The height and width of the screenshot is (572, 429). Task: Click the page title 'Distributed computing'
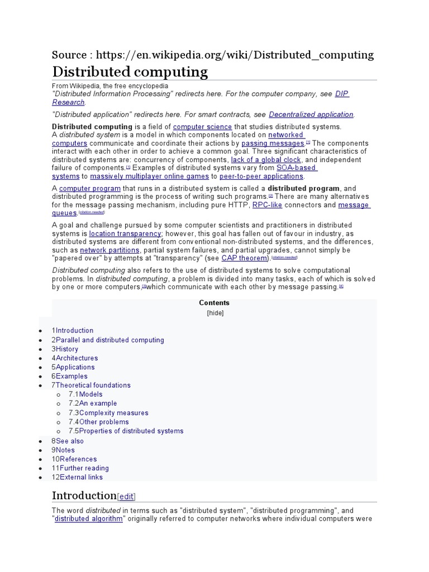tap(130, 72)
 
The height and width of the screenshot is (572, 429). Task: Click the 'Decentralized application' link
tap(311, 115)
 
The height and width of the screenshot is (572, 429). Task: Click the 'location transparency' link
tap(126, 233)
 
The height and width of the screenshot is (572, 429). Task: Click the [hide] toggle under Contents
tap(214, 313)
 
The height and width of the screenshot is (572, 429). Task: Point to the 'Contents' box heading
tap(214, 303)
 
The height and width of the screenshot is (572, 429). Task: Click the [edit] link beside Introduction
tap(126, 497)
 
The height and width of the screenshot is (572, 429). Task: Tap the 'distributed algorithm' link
tap(88, 519)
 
